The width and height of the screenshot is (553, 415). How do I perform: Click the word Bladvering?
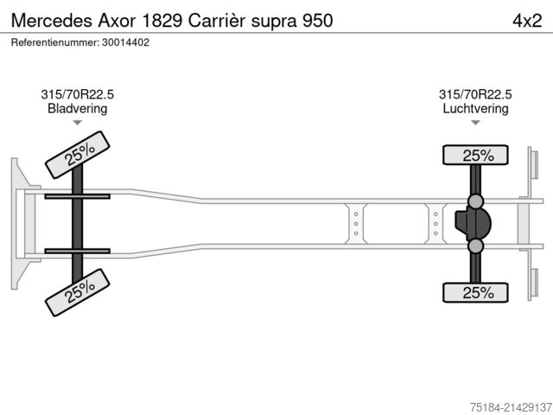[x=78, y=109]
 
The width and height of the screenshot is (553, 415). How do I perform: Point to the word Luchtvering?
[x=475, y=109]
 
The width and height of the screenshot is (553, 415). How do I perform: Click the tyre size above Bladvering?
[x=78, y=95]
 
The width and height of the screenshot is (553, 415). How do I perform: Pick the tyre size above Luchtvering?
[x=475, y=95]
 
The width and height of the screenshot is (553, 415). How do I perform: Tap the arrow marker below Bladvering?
[x=78, y=123]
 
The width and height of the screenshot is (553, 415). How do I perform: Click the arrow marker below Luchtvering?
[x=475, y=123]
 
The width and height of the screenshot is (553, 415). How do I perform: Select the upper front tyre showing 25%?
[x=78, y=155]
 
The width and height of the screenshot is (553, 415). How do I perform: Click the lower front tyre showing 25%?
[x=78, y=291]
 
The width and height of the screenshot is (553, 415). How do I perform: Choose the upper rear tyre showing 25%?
[x=475, y=156]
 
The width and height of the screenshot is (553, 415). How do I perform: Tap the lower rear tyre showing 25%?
[x=475, y=292]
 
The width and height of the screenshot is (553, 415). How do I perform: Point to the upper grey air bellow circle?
[x=476, y=201]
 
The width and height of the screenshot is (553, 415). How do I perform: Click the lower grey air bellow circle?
[x=476, y=247]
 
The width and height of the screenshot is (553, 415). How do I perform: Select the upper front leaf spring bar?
[x=77, y=196]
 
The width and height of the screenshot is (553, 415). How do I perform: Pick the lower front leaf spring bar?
[x=77, y=251]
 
